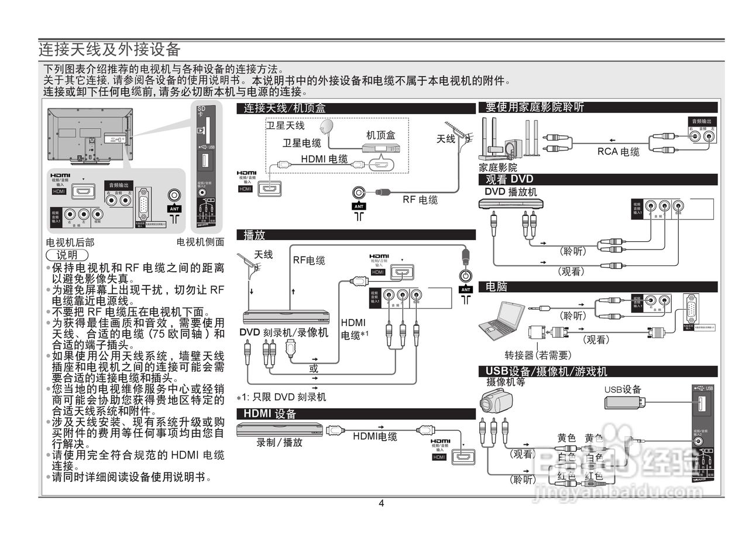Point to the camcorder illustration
[496, 402]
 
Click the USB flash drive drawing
[624, 402]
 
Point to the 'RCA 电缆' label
[618, 152]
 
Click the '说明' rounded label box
[67, 255]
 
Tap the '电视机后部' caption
[70, 242]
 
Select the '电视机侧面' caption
[200, 242]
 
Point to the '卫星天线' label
[286, 125]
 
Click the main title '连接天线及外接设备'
[109, 49]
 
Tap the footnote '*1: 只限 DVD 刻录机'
[281, 397]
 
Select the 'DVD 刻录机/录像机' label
[284, 332]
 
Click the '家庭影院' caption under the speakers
[497, 167]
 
